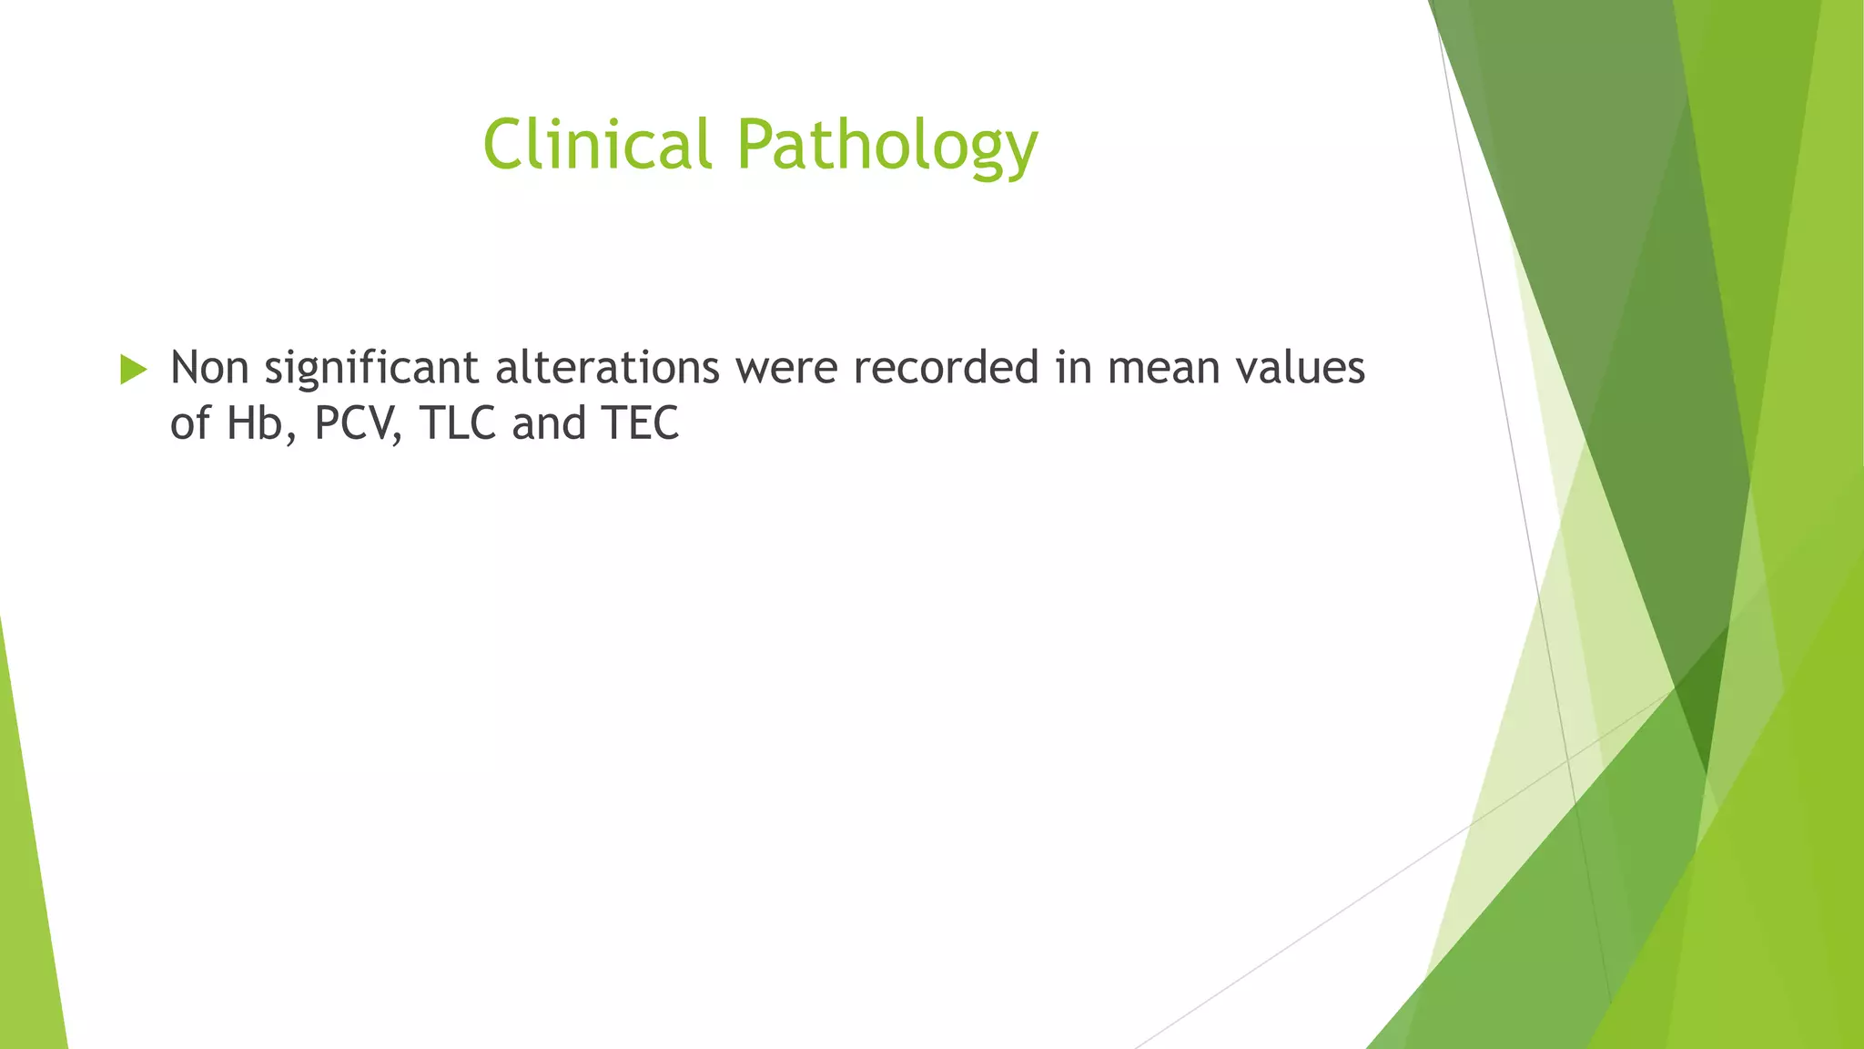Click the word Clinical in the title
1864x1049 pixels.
click(596, 144)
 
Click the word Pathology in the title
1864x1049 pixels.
click(886, 146)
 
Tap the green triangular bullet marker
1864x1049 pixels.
click(133, 370)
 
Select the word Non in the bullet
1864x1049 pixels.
click(209, 368)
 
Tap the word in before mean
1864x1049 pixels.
click(1073, 368)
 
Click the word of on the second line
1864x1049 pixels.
click(190, 423)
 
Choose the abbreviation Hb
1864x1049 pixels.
click(255, 423)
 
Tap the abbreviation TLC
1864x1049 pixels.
click(457, 423)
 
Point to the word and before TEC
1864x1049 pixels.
click(549, 423)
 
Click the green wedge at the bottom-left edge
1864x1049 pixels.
click(27, 911)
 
